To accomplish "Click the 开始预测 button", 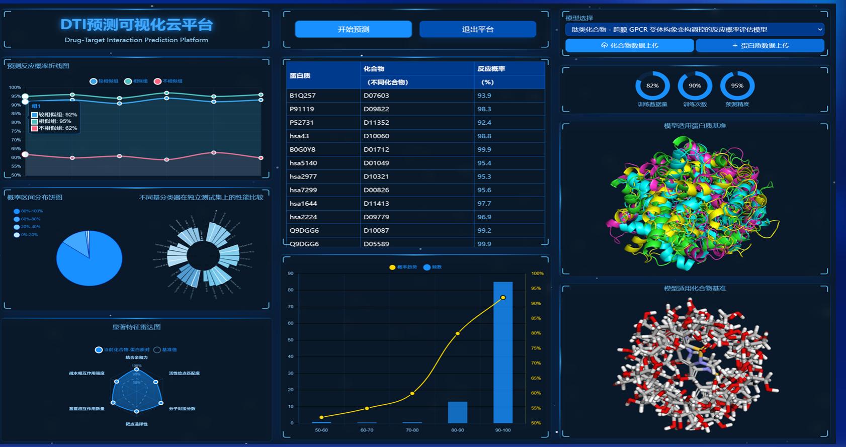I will pyautogui.click(x=353, y=29).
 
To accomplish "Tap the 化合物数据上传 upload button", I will pyautogui.click(x=629, y=45).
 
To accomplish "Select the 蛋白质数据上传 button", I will pyautogui.click(x=759, y=45).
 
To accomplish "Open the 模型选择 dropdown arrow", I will pyautogui.click(x=819, y=30).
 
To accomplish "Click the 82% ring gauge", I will pyautogui.click(x=652, y=85).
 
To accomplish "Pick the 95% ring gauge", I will pyautogui.click(x=737, y=85).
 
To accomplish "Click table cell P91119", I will pyautogui.click(x=302, y=109).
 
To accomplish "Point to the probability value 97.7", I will pyautogui.click(x=484, y=203).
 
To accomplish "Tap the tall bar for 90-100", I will pyautogui.click(x=503, y=352).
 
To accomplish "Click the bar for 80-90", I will pyautogui.click(x=457, y=412).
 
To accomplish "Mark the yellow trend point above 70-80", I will pyautogui.click(x=412, y=393).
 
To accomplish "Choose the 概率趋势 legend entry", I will pyautogui.click(x=403, y=267).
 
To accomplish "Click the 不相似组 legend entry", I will pyautogui.click(x=168, y=81).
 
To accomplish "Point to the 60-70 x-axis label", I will pyautogui.click(x=367, y=430).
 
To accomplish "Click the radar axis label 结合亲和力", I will pyautogui.click(x=137, y=357).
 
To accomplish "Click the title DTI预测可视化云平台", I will pyautogui.click(x=136, y=25).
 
